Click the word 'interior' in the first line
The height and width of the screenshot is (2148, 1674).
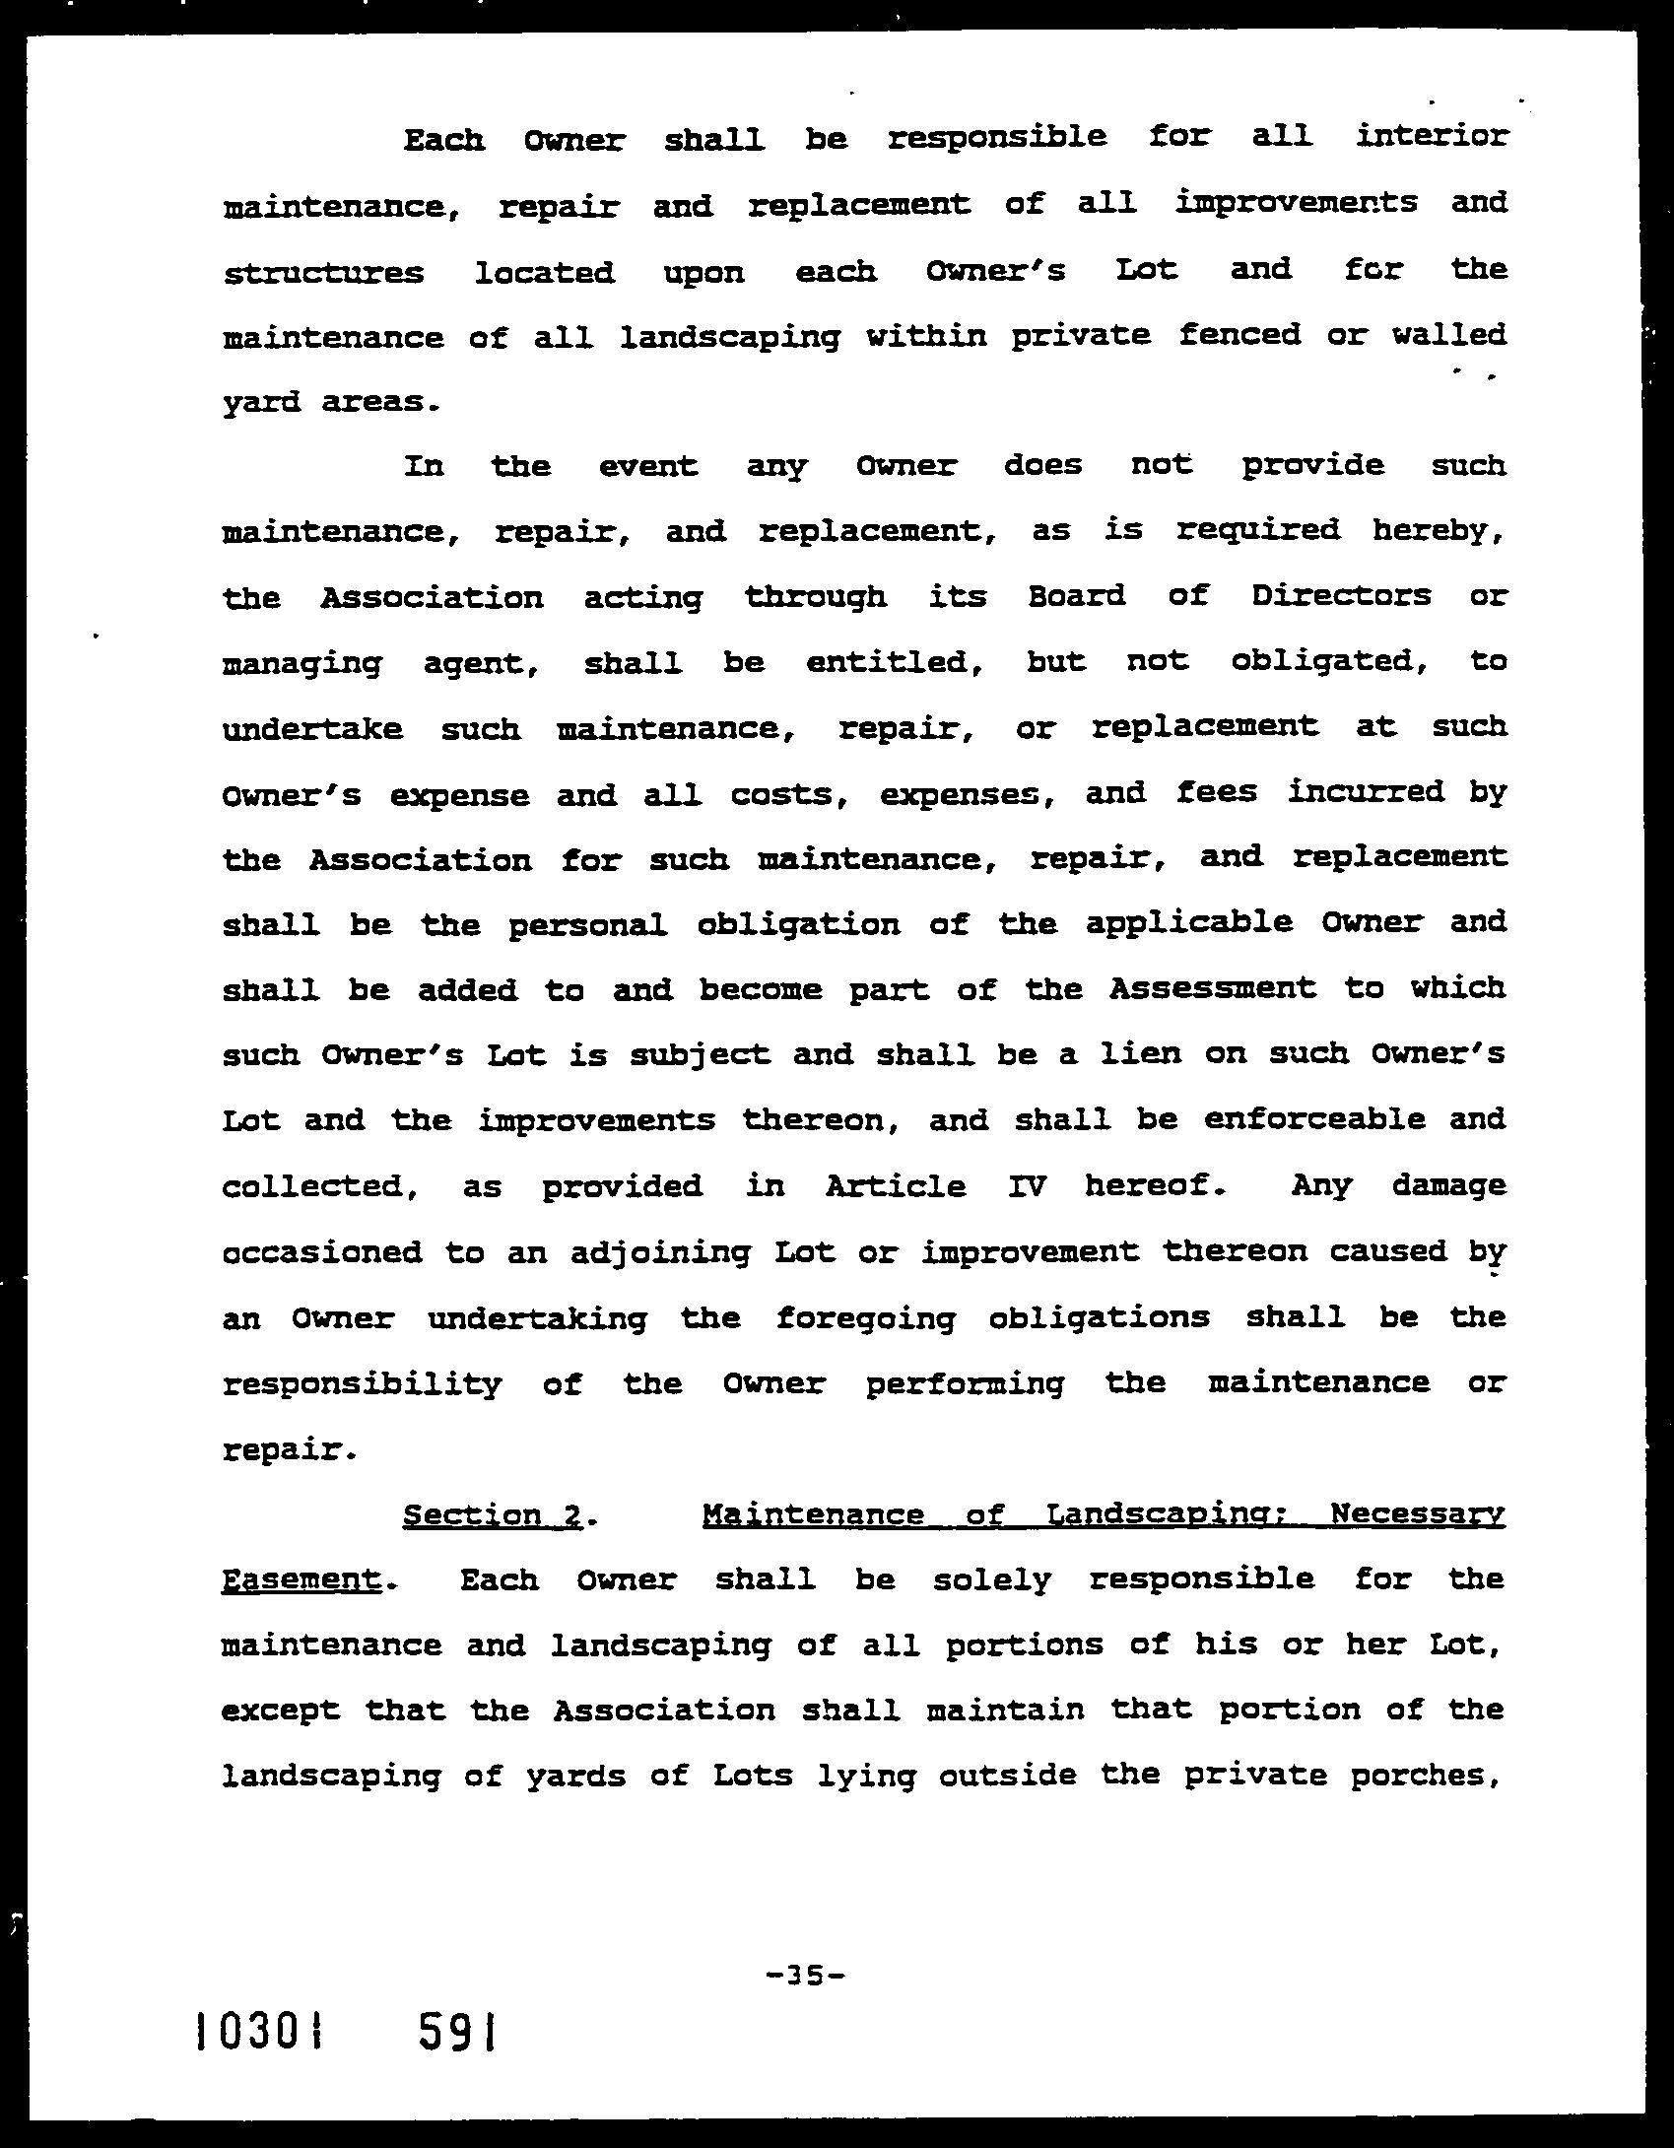(1431, 135)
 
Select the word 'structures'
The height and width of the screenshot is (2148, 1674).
(323, 272)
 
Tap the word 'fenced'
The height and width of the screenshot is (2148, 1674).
(1239, 336)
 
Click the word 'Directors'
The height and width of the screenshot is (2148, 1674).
(1341, 596)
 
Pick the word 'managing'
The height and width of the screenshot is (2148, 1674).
(301, 664)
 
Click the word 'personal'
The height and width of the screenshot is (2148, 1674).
(587, 925)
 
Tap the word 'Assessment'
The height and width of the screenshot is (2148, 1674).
(1212, 988)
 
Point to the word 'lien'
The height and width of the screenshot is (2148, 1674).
(1140, 1053)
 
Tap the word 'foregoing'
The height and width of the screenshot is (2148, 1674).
(865, 1319)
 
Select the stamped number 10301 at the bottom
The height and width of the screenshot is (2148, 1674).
(259, 2032)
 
